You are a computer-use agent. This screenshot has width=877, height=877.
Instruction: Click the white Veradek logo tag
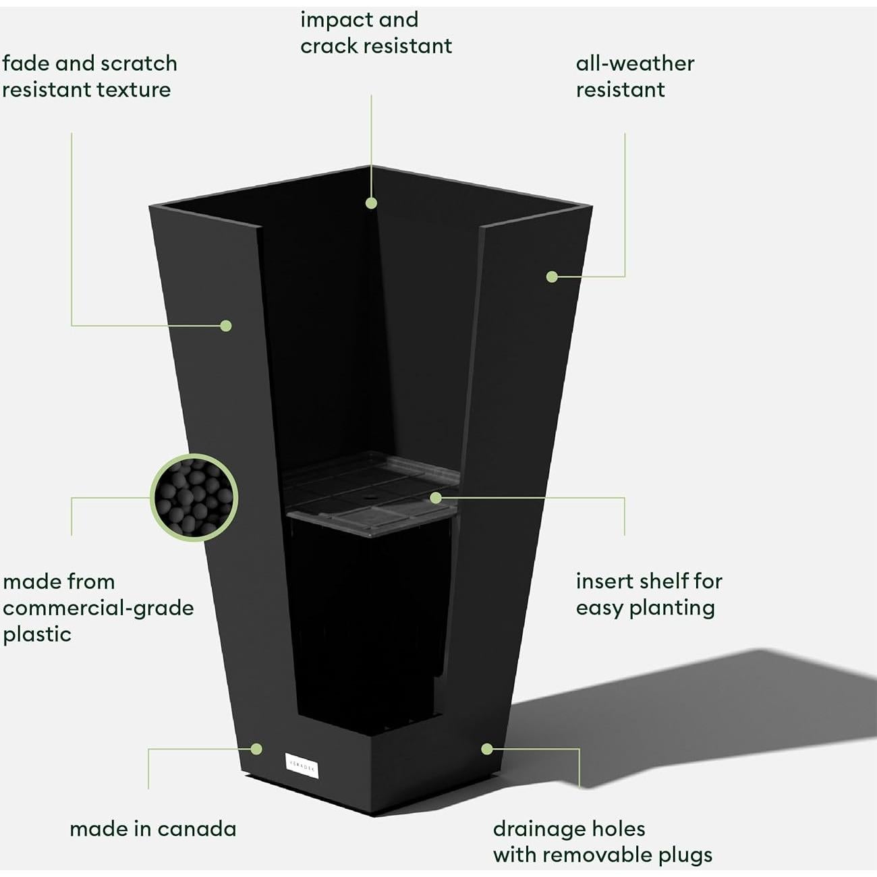[302, 766]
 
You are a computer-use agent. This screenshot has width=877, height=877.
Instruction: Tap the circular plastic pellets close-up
[194, 498]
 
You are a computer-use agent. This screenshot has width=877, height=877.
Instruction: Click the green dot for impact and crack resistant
[371, 202]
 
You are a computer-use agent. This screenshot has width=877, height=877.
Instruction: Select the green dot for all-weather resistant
[552, 277]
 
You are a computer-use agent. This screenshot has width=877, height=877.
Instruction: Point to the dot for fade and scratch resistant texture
[226, 326]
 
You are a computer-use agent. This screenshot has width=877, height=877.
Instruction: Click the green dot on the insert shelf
[436, 498]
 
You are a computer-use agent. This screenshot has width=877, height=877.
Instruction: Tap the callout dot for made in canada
[256, 749]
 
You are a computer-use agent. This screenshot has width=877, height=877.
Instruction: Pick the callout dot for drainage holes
[487, 749]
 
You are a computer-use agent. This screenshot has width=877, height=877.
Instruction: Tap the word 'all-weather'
[635, 63]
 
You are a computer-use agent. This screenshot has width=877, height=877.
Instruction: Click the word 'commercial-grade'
[98, 608]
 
